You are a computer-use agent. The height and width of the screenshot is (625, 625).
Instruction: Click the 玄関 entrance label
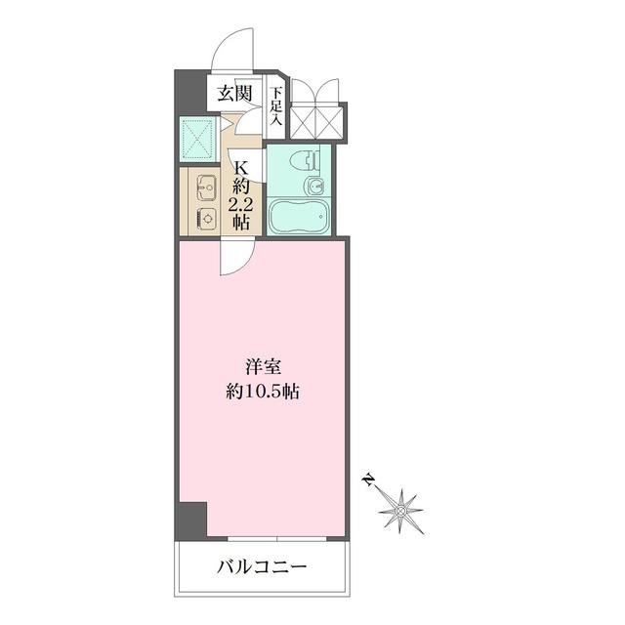234,95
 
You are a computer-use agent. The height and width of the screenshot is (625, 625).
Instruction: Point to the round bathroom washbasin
314,186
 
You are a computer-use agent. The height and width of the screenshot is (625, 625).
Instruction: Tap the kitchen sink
206,185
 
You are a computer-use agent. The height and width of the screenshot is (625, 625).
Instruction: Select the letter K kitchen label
241,167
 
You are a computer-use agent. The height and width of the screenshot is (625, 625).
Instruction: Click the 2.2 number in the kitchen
240,204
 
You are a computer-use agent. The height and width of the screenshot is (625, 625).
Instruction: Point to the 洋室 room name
264,368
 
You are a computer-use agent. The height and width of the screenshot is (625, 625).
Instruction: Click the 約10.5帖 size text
264,393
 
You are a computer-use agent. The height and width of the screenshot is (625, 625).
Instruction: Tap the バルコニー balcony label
262,567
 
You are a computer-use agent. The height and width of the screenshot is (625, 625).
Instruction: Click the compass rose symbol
400,508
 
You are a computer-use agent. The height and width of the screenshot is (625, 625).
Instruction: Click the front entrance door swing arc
234,54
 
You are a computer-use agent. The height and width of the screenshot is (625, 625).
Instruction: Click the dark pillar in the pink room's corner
191,520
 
